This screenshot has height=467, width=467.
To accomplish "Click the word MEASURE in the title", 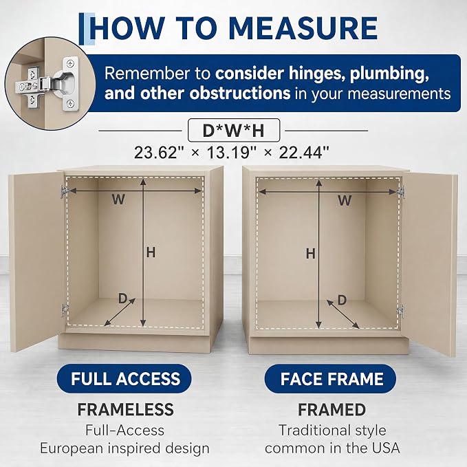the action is pyautogui.click(x=303, y=28).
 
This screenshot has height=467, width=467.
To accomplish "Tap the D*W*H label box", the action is pyautogui.click(x=234, y=130).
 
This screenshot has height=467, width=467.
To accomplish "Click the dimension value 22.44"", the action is pyautogui.click(x=304, y=153).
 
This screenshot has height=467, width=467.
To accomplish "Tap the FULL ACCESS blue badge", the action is pyautogui.click(x=124, y=378).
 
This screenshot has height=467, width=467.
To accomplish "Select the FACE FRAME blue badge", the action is pyautogui.click(x=330, y=378).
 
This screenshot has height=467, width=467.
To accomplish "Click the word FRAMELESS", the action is pyautogui.click(x=125, y=409).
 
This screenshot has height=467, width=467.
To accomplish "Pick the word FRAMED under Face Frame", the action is pyautogui.click(x=332, y=409).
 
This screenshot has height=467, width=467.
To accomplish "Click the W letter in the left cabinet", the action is pyautogui.click(x=118, y=199).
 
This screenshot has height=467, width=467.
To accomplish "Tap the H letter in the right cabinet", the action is pyautogui.click(x=311, y=254).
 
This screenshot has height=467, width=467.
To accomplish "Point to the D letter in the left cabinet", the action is pyautogui.click(x=122, y=298).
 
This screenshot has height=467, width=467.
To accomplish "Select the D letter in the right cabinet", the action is pyautogui.click(x=343, y=300).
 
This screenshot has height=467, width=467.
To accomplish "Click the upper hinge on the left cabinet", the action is pyautogui.click(x=63, y=191).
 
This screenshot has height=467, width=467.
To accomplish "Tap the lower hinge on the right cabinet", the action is pyautogui.click(x=401, y=312).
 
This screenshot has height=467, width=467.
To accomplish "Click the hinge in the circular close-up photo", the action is pyautogui.click(x=47, y=85).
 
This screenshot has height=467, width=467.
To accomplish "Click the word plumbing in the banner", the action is pyautogui.click(x=389, y=74).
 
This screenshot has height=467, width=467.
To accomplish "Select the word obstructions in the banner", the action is pyautogui.click(x=240, y=94).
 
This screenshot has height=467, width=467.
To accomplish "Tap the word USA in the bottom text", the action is pyautogui.click(x=384, y=448).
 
